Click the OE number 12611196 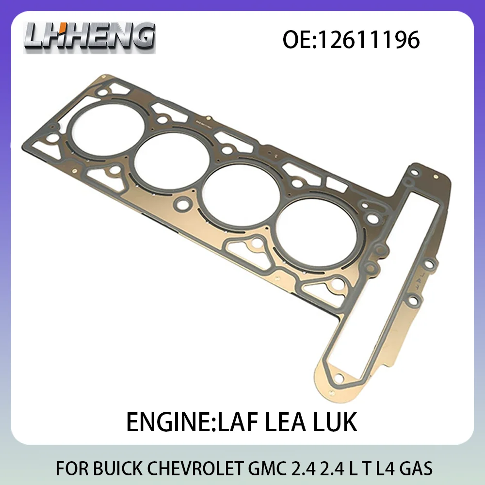[x=352, y=40]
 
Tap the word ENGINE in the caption [x=160, y=421]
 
